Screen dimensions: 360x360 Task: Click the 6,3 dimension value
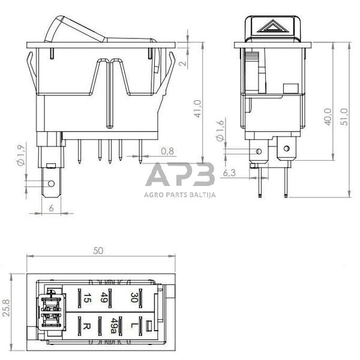pyautogui.click(x=229, y=173)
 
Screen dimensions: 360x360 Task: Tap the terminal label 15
pyautogui.click(x=86, y=297)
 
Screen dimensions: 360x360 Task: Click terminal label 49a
pyautogui.click(x=112, y=327)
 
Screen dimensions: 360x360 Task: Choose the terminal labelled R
pyautogui.click(x=86, y=328)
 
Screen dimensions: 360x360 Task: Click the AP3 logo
pyautogui.click(x=180, y=175)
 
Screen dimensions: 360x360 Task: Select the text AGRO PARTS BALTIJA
pyautogui.click(x=180, y=194)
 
